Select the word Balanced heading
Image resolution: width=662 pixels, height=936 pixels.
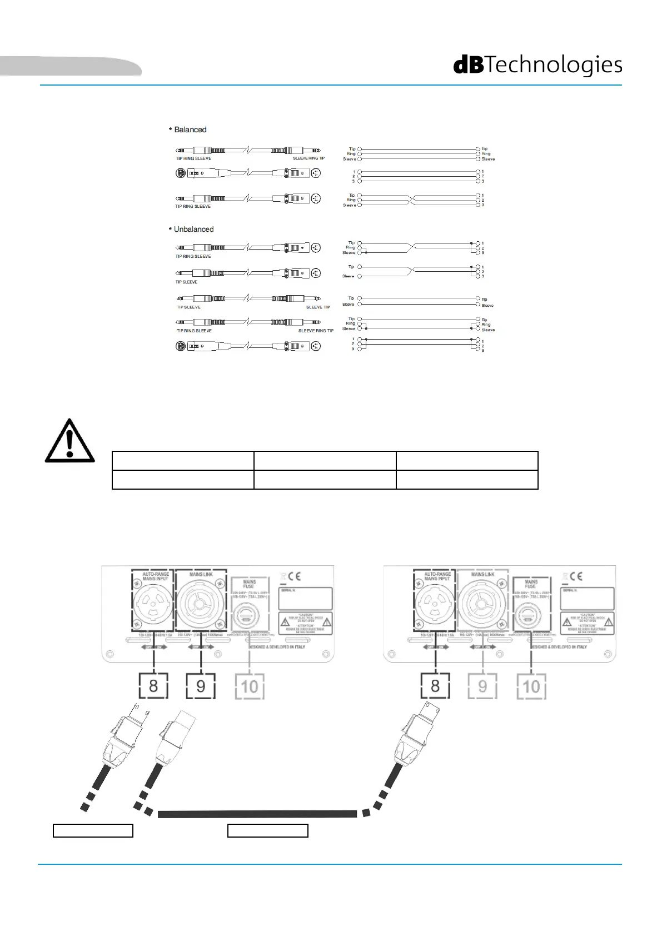pos(190,130)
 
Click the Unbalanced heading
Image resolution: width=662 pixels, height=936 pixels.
pos(193,229)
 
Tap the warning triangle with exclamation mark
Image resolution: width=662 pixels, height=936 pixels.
pos(69,441)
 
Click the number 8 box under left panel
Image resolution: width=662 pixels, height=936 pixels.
pos(153,685)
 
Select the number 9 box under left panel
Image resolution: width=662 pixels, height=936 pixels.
pos(201,685)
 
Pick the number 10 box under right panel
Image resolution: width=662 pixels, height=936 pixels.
pos(531,686)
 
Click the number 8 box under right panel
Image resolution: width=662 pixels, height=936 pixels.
pos(435,685)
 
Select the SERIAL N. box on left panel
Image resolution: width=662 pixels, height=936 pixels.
pos(305,598)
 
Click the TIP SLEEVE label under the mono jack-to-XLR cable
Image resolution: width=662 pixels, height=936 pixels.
pos(187,282)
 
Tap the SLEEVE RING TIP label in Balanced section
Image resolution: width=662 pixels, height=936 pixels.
pos(308,158)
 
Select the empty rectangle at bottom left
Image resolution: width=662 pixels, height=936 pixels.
pos(93,830)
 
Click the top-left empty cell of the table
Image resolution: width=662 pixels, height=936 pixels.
pos(183,461)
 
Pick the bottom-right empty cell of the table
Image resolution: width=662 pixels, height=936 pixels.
pos(467,480)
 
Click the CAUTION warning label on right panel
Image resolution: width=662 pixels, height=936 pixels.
pos(587,623)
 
